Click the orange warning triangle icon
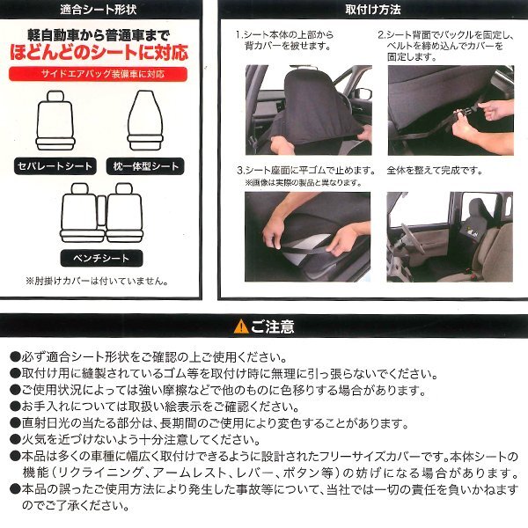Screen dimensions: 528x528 tap(241, 326)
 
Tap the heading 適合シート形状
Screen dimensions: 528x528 tap(99, 10)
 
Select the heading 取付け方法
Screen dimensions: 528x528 tap(373, 10)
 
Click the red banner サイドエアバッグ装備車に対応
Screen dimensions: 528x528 tap(98, 74)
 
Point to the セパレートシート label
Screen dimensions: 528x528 tap(55, 166)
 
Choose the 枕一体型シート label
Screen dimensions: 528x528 tap(145, 166)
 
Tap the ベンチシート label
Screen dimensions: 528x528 tap(101, 258)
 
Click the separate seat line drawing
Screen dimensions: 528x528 tap(55, 121)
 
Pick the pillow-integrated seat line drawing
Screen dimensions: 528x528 tap(145, 121)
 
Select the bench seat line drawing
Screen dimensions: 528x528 tap(102, 213)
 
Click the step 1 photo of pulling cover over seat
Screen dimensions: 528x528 tap(309, 110)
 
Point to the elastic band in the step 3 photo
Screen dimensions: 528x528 tap(304, 248)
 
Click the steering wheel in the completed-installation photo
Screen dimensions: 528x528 tap(413, 238)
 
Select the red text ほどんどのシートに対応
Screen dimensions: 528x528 tap(99, 53)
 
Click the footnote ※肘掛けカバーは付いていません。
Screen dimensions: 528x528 tap(97, 282)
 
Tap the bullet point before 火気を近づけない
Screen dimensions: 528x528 tap(15, 439)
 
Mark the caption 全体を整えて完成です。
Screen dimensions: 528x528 tap(435, 171)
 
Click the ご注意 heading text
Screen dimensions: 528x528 tap(273, 326)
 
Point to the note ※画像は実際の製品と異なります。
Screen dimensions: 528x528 tap(303, 183)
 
